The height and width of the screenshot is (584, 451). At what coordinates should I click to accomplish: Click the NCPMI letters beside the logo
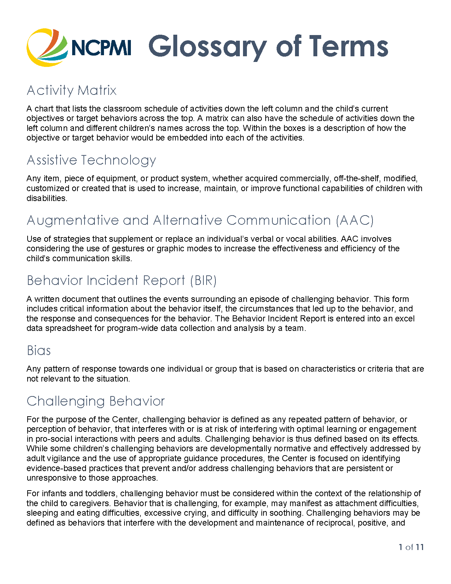101,48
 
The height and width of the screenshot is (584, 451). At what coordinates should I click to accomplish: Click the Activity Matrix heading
71,91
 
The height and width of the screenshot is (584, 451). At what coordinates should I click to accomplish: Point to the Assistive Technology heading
91,160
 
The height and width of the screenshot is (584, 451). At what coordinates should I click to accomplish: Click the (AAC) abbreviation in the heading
355,221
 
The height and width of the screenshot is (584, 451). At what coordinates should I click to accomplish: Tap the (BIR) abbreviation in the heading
203,281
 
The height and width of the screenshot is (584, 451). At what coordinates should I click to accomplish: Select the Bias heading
39,351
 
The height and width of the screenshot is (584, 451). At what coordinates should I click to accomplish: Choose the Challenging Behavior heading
96,401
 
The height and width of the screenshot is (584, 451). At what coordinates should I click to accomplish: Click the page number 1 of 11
411,547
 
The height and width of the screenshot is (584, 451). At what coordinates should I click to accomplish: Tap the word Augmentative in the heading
73,221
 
